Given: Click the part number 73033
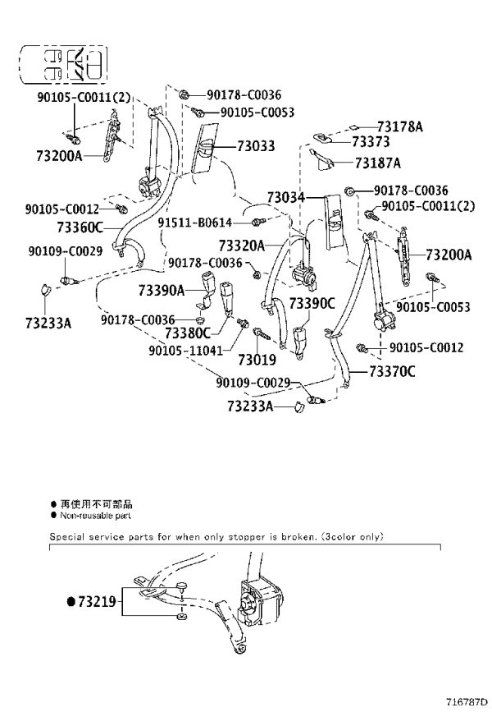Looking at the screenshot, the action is coord(256,146).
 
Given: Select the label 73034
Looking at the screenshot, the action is coord(286,197).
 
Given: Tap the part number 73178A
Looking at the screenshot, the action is coord(400,126).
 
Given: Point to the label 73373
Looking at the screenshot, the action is coord(371,141).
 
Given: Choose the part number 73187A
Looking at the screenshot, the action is coord(378,163).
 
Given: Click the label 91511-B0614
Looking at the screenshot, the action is coord(194,223).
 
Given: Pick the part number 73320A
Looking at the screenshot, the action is coord(242,246).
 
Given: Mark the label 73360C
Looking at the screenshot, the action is coord(80,227).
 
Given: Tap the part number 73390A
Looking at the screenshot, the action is coord(162,290).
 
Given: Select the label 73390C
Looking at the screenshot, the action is coord(312,304).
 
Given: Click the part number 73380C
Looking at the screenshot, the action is coord(188,333).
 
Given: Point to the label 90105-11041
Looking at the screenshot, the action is coord(185,351).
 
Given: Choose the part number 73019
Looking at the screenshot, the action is coord(257,360).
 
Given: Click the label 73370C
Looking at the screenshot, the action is coord(392,371).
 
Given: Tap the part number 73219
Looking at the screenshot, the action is coord(97,601).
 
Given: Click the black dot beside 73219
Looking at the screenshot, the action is coord(71,601).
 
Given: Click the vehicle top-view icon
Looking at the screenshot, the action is coord(64,65).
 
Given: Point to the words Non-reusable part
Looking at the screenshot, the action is coord(95,516).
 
